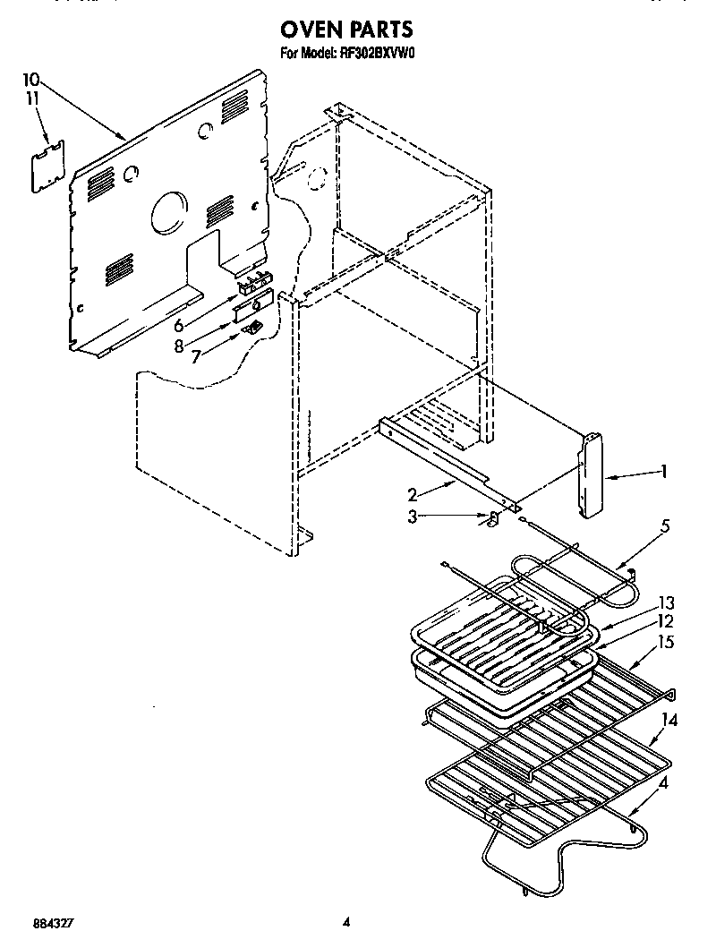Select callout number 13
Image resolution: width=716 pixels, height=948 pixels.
[x=667, y=602]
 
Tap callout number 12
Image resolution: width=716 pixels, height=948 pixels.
[x=667, y=620]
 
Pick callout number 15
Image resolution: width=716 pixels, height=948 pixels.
[x=667, y=641]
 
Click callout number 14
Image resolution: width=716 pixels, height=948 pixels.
[x=668, y=719]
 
